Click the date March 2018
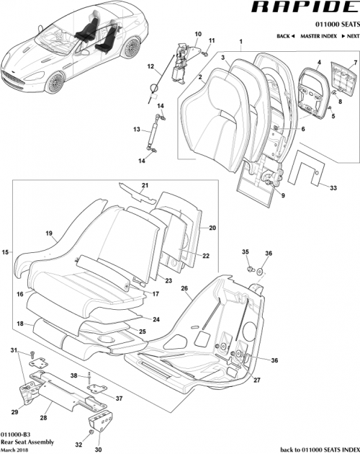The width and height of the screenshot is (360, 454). tap(16, 449)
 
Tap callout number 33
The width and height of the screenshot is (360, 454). tap(333, 188)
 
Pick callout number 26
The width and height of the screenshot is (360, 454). tap(184, 288)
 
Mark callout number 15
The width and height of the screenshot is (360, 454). tap(5, 252)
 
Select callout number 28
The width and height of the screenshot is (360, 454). tap(44, 417)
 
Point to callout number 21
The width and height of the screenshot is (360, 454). tap(144, 187)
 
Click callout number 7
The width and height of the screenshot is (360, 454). tap(354, 64)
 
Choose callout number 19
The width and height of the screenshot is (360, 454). tap(50, 233)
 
